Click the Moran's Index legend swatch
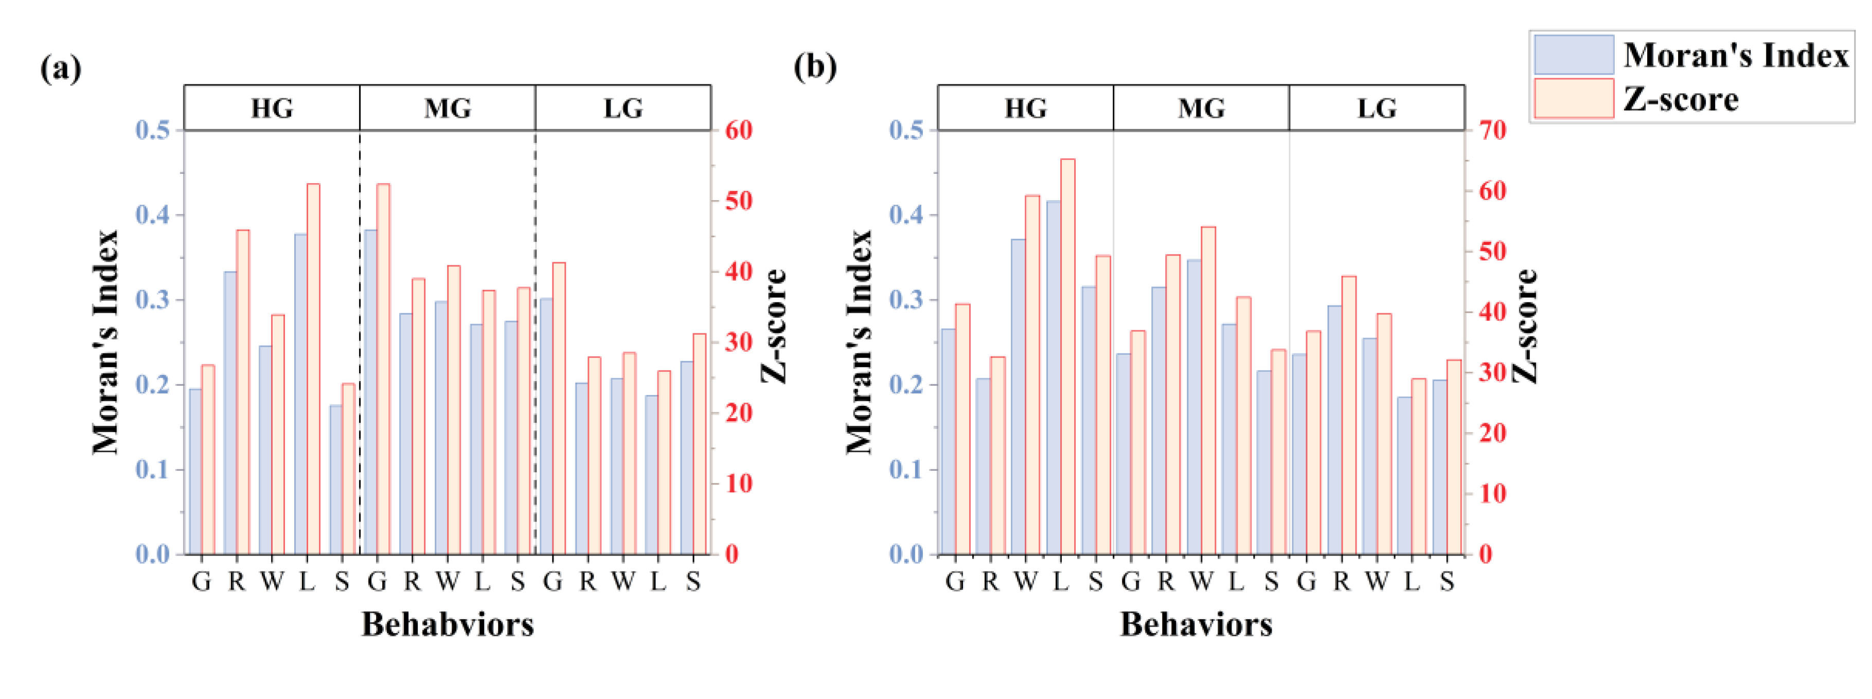(x=1573, y=55)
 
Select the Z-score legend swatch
(x=1573, y=98)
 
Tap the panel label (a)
(x=60, y=67)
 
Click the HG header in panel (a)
(x=272, y=108)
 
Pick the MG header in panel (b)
(x=1201, y=108)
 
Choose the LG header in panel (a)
(x=623, y=108)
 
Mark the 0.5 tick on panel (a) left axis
(x=153, y=131)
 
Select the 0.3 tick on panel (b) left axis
(x=906, y=300)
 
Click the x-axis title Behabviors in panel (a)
(x=448, y=624)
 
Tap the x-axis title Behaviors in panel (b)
(x=1196, y=624)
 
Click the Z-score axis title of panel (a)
(x=775, y=326)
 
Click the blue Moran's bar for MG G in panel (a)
(x=370, y=392)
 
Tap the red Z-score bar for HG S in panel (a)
(x=348, y=469)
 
